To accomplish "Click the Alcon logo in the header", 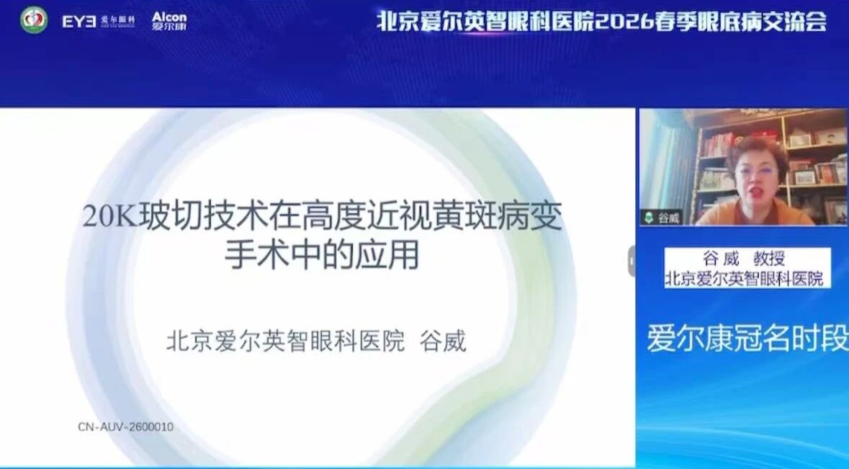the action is point(169,21).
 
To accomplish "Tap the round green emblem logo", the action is point(34,20).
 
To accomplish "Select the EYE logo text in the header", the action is point(79,21).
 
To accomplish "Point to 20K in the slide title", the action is point(110,216).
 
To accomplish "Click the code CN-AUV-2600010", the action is point(125,426).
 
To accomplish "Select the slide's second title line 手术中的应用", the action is point(322,254).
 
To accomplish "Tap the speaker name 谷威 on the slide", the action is point(444,341).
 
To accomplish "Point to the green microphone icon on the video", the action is point(649,218).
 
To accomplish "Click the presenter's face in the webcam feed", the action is point(758,178).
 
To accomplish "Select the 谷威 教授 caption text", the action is point(744,259).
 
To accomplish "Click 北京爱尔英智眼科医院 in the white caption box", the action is point(745,278).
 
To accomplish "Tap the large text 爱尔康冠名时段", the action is point(747,339).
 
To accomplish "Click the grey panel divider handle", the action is point(632,261).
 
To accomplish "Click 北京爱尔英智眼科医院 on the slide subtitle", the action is point(285,341).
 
